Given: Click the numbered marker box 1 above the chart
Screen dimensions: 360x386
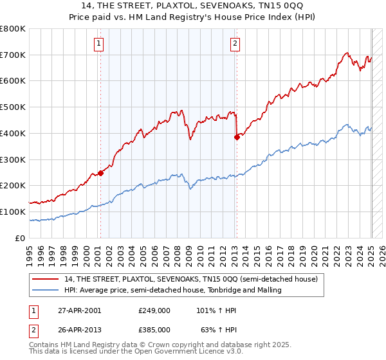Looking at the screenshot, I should [100, 44].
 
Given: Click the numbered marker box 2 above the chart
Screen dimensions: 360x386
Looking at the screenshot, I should [235, 44].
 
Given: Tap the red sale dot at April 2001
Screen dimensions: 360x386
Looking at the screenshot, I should [101, 172].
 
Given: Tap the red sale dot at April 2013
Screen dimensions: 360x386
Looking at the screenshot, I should [237, 137].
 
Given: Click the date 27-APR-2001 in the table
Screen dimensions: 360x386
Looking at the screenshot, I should [78, 310].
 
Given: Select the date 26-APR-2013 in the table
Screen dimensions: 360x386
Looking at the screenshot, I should [78, 329].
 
